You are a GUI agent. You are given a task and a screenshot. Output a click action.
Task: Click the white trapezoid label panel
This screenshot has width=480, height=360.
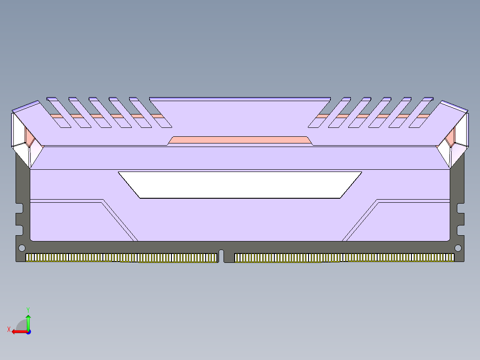pyautogui.click(x=240, y=184)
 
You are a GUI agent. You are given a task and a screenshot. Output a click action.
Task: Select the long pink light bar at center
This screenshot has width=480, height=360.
pyautogui.click(x=240, y=140)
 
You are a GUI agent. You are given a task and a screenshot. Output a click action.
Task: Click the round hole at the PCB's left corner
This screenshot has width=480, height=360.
pyautogui.click(x=21, y=248)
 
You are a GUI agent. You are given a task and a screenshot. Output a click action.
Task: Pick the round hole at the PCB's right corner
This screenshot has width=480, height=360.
pyautogui.click(x=458, y=248)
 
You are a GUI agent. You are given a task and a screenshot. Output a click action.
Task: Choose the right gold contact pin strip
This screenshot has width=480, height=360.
pyautogui.click(x=344, y=258)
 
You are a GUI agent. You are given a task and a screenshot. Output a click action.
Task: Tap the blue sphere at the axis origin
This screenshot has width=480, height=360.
pyautogui.click(x=28, y=332)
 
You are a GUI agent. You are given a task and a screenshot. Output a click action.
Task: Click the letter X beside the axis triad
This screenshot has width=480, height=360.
pyautogui.click(x=8, y=329)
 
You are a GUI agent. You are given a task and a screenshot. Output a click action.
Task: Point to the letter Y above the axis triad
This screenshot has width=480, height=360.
pyautogui.click(x=28, y=309)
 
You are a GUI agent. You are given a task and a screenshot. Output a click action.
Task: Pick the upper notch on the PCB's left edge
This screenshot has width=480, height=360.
pyautogui.click(x=19, y=208)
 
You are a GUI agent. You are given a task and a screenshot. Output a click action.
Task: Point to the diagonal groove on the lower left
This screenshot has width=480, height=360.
pyautogui.click(x=120, y=221)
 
